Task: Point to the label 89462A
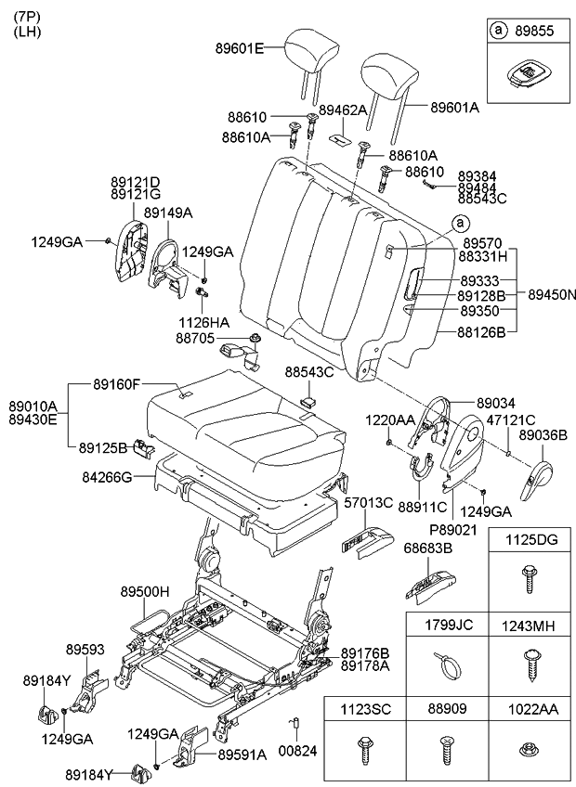[x=343, y=110]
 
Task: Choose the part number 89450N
[x=552, y=294]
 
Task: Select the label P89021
[x=452, y=530]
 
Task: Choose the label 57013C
[x=364, y=503]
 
